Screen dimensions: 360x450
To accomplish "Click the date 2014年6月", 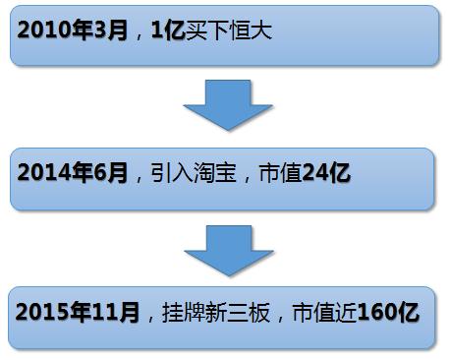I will [73, 172].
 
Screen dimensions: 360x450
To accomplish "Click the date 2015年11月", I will [79, 314].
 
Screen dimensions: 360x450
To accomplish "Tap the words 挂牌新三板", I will [213, 314].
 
